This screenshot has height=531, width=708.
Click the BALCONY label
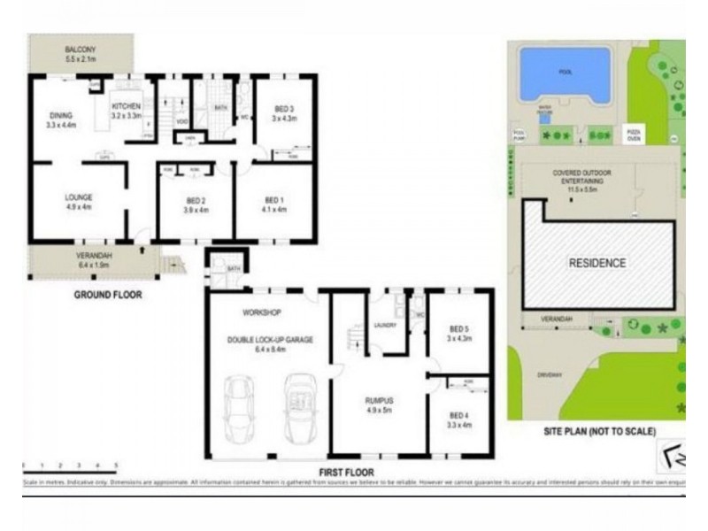[79, 49]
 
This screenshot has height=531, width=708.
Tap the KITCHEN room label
[127, 105]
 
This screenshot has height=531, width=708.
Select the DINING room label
[61, 115]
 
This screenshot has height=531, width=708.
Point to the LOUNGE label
[79, 196]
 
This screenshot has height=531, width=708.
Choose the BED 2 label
[196, 200]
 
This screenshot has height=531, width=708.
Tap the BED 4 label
[458, 415]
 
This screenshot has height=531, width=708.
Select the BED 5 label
[458, 328]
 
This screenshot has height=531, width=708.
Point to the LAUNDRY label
[384, 325]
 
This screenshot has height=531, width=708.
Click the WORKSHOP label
[261, 312]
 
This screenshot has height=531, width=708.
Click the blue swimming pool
[565, 73]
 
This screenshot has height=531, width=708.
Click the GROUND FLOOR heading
[106, 295]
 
